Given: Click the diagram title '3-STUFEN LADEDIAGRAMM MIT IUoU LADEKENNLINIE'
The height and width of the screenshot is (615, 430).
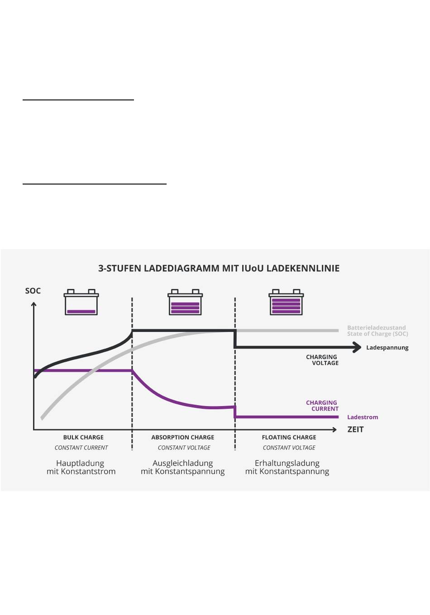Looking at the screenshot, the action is click(219, 268).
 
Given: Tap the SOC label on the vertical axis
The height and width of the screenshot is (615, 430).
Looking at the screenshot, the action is click(33, 291).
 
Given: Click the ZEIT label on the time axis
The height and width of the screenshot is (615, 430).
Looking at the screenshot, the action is click(355, 430).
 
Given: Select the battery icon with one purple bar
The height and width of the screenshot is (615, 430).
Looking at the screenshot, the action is click(81, 303).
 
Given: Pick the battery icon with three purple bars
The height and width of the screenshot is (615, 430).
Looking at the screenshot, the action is click(185, 303).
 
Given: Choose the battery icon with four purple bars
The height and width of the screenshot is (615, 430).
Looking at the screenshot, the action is click(286, 303).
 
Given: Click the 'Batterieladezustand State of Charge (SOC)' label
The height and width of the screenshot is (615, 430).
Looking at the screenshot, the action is click(377, 331).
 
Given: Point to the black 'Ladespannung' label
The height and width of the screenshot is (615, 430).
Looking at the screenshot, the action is click(387, 348).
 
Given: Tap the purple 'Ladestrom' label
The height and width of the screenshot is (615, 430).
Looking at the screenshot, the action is click(362, 417).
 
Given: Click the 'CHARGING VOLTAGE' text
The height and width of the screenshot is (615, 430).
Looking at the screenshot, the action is click(322, 360).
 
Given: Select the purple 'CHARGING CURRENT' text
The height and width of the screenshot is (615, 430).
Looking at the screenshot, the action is click(322, 406).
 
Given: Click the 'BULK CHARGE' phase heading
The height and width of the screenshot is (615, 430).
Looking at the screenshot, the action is click(83, 437).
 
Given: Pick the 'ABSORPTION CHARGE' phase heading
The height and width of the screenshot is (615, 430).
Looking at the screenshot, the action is click(183, 437).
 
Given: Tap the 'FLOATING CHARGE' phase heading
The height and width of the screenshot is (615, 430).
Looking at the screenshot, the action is click(289, 437).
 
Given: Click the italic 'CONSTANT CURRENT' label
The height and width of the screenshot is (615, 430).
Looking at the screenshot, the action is click(81, 448).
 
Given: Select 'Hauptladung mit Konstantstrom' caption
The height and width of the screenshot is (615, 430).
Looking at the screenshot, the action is click(81, 467).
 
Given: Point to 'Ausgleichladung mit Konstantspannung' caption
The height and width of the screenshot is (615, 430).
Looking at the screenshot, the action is click(183, 467).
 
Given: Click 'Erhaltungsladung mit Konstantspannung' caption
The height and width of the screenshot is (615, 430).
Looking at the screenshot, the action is click(287, 467).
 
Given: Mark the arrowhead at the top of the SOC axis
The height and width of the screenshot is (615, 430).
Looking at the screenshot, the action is click(33, 305).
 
